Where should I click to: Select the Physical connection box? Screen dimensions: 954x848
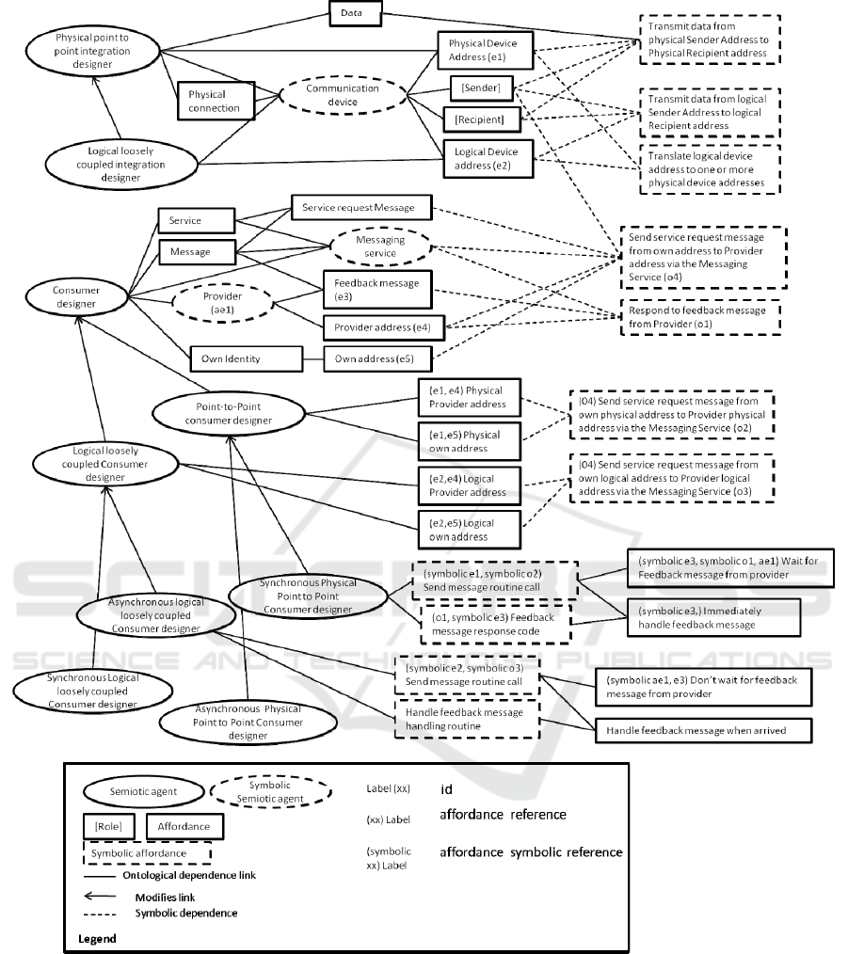(214, 102)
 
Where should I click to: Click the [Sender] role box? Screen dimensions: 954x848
(480, 88)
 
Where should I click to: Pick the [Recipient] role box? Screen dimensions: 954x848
(482, 119)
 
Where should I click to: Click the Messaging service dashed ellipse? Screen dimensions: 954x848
(374, 248)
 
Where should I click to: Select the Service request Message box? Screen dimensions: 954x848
(360, 207)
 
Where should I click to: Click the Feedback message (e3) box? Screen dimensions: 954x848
(376, 289)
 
